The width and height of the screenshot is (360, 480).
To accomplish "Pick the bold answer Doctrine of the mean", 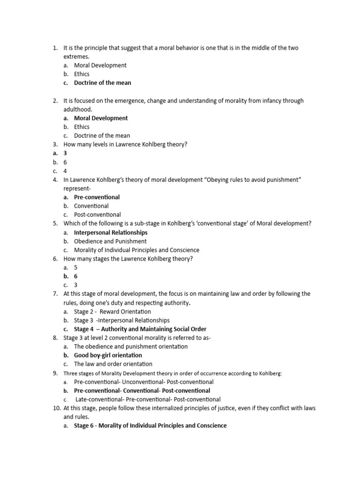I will [x=103, y=83].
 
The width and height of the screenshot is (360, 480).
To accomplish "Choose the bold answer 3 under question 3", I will [x=65, y=153].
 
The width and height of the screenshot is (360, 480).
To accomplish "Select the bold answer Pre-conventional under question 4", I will [x=97, y=197].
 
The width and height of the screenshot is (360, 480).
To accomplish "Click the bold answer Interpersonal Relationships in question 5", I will [x=111, y=232].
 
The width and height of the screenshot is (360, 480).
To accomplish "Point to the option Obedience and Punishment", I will [x=110, y=241].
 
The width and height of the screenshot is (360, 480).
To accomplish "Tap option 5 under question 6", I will [x=76, y=268].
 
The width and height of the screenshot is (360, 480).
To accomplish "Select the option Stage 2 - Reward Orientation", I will [x=112, y=312].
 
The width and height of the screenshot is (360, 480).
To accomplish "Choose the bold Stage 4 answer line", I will [x=140, y=329].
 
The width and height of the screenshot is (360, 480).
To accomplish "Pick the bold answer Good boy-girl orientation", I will [x=108, y=355].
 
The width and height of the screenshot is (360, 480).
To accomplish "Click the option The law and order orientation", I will [x=112, y=364].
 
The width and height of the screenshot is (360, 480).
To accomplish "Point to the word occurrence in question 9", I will [x=209, y=374].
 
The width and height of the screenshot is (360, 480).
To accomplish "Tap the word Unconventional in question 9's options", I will [x=141, y=382].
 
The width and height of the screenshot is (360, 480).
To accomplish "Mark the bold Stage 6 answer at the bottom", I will [x=150, y=426].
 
